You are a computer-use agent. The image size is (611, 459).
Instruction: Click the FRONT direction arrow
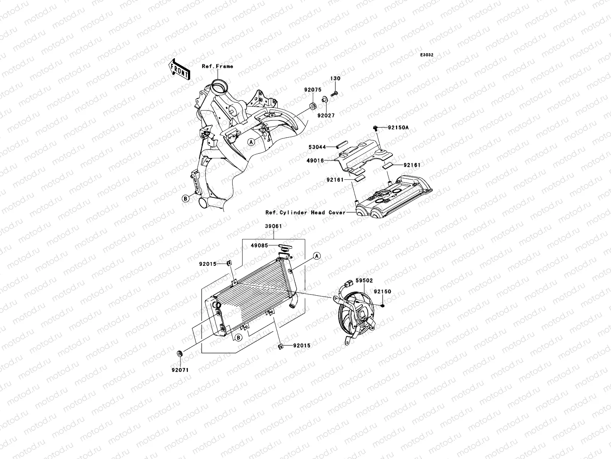point(179,69)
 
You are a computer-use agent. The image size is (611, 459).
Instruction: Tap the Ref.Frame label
point(217,66)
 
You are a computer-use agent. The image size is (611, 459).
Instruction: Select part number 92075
point(313,90)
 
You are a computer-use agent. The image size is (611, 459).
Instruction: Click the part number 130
point(336,78)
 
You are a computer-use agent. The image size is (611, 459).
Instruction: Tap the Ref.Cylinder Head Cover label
point(305,212)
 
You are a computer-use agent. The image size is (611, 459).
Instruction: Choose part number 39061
point(273,226)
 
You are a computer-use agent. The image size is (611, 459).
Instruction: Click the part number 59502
point(364,280)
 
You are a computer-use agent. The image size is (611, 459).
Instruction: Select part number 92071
point(180,370)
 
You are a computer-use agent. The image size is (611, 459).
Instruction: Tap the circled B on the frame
point(185,198)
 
